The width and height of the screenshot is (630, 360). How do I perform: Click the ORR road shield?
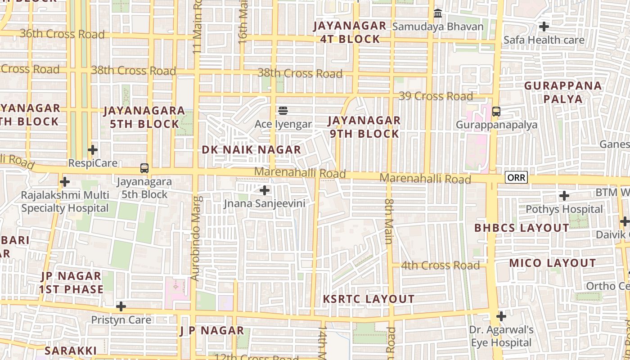516,177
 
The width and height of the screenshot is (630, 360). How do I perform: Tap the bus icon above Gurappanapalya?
496,111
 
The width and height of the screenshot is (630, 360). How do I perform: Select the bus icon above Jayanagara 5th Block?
144,168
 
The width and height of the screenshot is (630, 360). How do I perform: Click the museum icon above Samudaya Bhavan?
438,13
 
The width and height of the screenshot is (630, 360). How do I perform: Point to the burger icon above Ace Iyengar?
283,110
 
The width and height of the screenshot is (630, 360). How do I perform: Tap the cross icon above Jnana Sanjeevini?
265,190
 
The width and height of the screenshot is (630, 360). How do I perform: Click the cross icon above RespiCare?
93,149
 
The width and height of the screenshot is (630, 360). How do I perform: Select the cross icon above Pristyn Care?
121,306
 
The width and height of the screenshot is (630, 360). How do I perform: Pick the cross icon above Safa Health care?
544,27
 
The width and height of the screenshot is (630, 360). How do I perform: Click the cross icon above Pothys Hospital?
564,196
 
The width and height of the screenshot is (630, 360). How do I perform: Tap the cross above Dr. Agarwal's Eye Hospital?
501,316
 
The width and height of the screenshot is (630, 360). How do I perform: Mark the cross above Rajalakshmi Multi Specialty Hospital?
65,182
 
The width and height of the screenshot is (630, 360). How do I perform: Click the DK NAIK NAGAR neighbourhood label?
251,150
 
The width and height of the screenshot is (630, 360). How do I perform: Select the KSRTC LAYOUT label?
369,299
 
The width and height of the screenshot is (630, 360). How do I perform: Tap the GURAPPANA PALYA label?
563,92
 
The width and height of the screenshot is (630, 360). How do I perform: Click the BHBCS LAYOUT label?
522,228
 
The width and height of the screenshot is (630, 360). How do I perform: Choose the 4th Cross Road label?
440,265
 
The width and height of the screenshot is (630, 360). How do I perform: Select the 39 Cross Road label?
436,96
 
